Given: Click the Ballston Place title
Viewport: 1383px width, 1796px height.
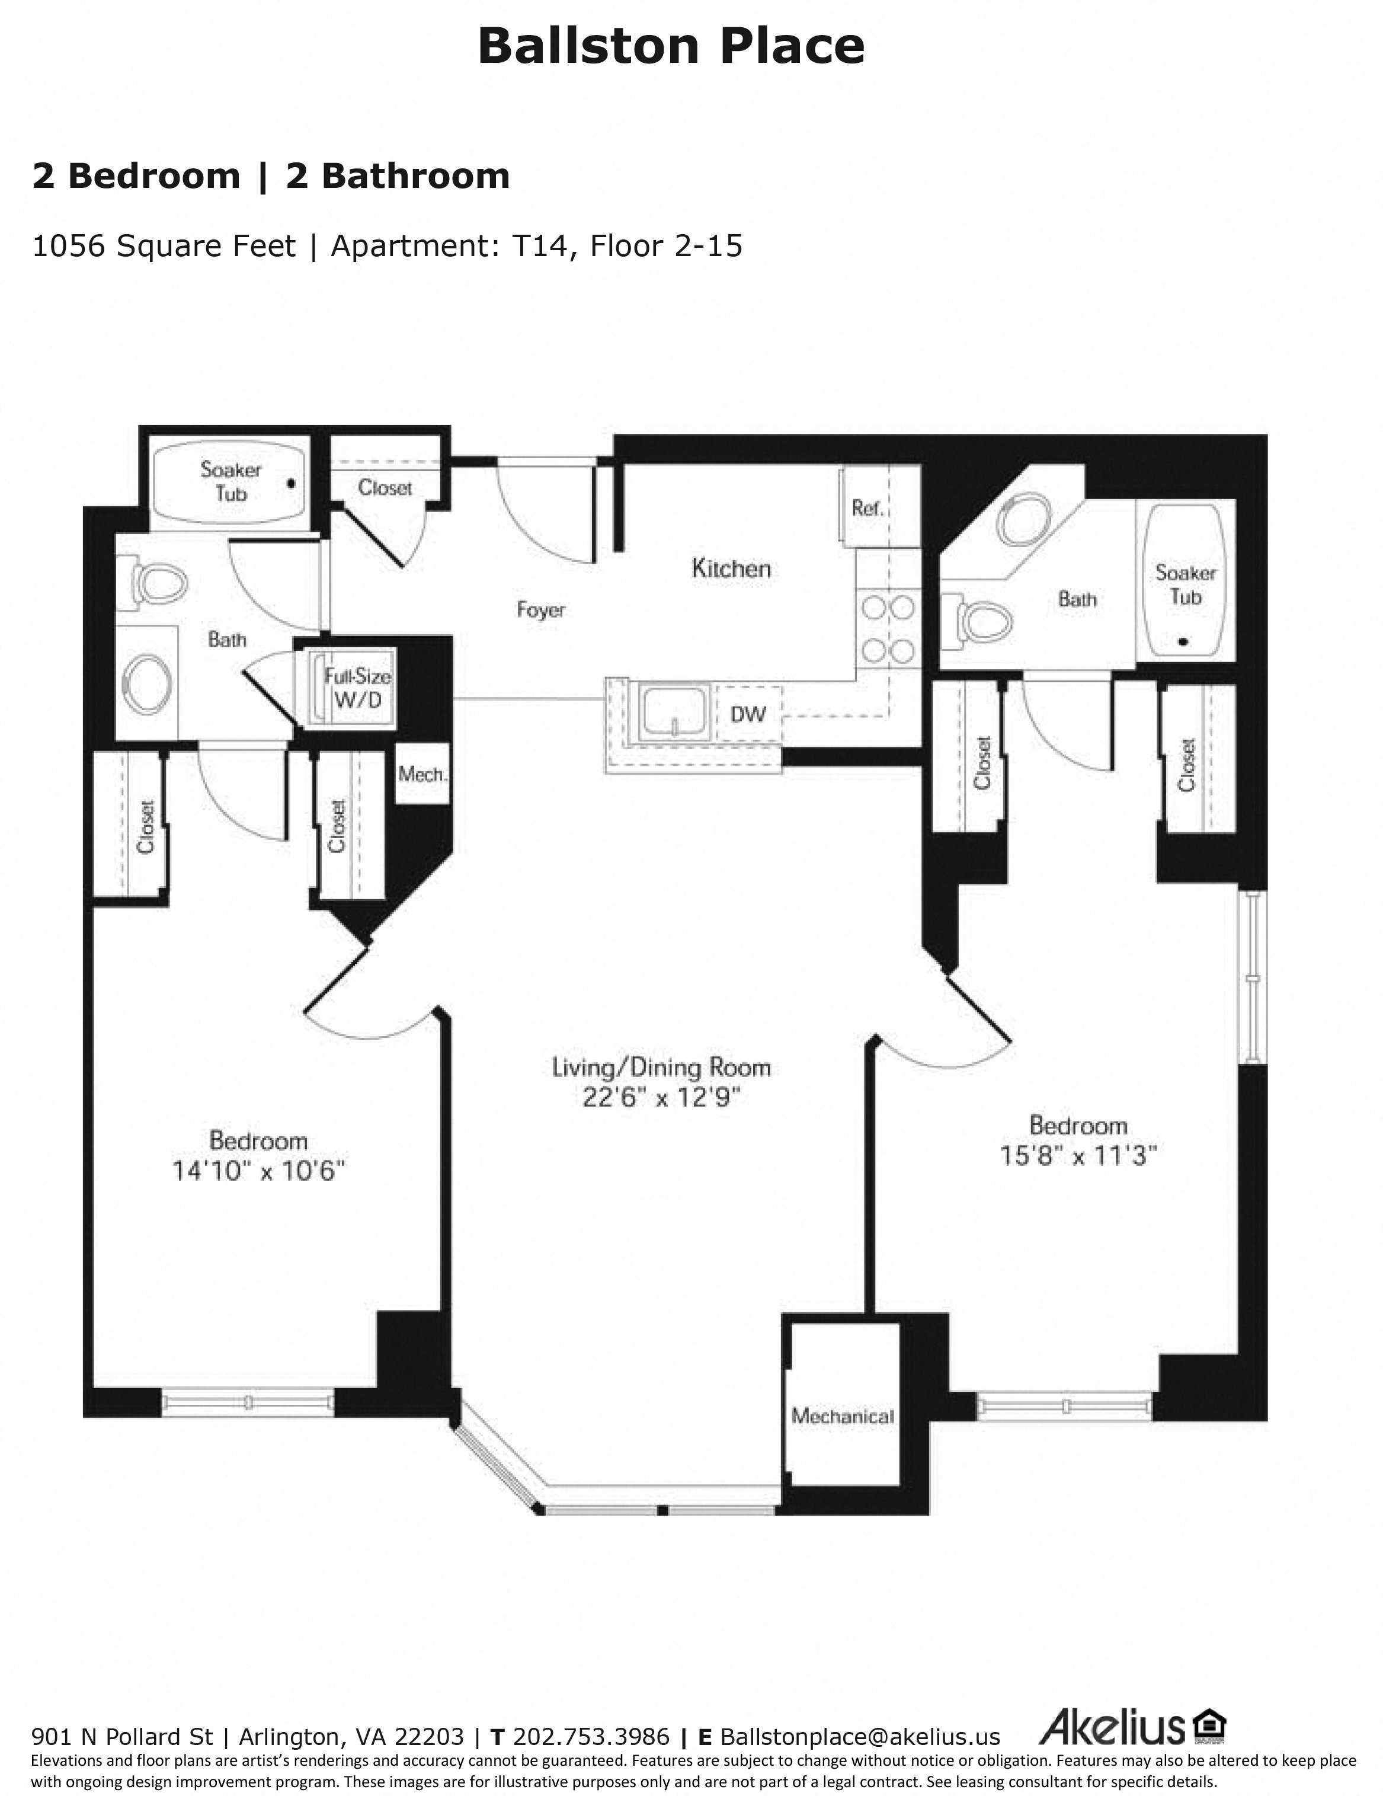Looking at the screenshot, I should point(670,47).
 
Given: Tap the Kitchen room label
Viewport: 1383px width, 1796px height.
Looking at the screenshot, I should point(731,568).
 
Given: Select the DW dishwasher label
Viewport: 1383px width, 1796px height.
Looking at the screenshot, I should point(747,714).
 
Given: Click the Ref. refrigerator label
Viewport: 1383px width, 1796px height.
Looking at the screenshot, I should point(867,508).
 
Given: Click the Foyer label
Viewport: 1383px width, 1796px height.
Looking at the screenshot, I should point(540,610).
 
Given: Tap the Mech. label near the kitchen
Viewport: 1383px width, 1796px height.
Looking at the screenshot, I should point(422,774).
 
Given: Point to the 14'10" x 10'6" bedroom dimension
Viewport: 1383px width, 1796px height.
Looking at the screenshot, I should point(258,1170).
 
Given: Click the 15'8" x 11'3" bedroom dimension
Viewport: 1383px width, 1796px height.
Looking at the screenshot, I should point(1078,1155).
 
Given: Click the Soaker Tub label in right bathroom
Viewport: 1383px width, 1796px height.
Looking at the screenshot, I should point(1185,584).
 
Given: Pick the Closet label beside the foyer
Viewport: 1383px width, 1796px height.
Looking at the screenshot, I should point(385,488).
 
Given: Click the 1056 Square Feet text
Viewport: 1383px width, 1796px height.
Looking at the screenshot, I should point(164,246).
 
